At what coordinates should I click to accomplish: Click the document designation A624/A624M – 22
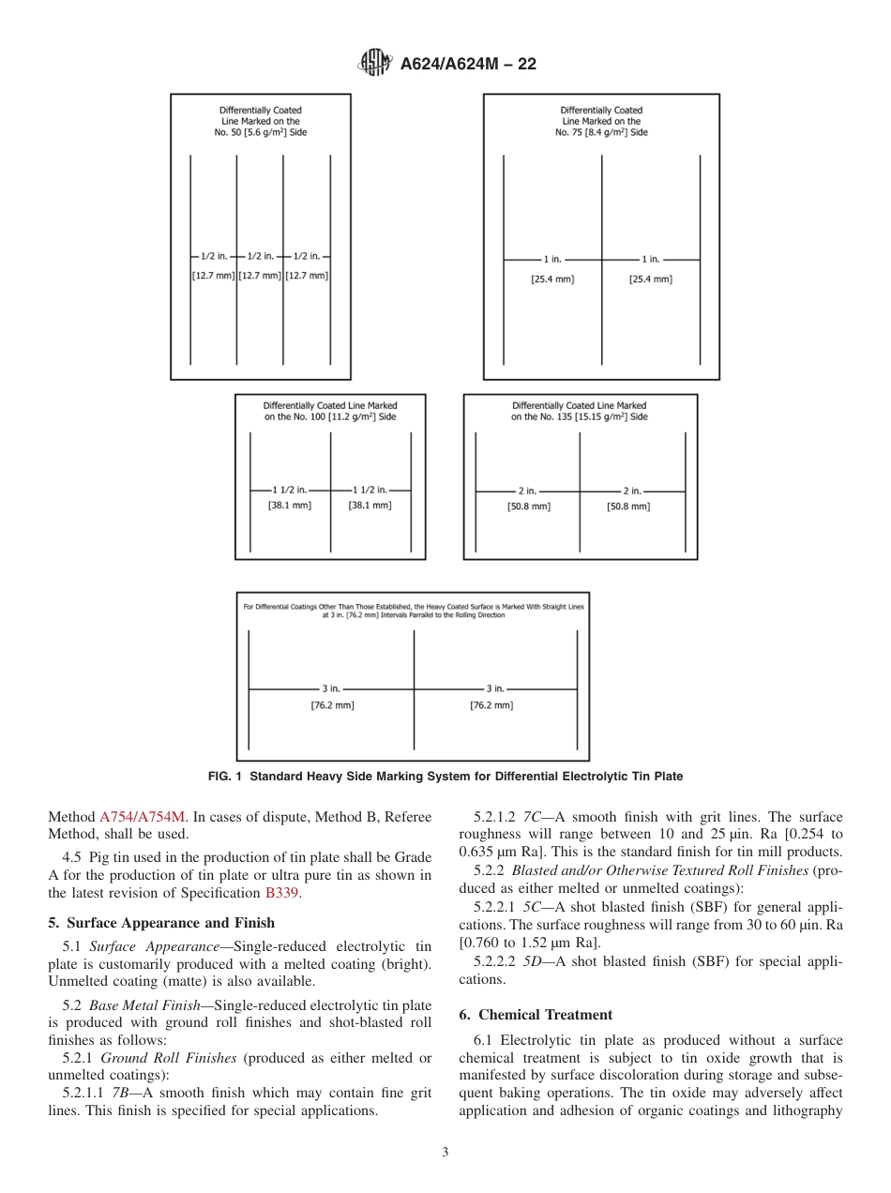[468, 65]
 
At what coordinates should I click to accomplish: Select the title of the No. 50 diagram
[260, 121]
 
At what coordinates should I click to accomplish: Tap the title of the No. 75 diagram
[601, 121]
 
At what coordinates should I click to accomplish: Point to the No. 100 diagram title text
[329, 411]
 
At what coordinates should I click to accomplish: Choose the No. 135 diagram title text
[579, 411]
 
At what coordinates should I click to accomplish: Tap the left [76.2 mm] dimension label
[332, 705]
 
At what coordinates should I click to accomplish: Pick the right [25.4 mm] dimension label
[650, 279]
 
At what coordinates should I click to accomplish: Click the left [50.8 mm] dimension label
[529, 506]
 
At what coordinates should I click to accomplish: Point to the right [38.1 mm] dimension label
[370, 505]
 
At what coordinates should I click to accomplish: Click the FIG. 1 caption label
[445, 777]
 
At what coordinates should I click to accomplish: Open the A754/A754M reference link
[143, 817]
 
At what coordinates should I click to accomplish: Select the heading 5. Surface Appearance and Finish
[161, 923]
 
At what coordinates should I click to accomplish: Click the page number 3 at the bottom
[445, 1153]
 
